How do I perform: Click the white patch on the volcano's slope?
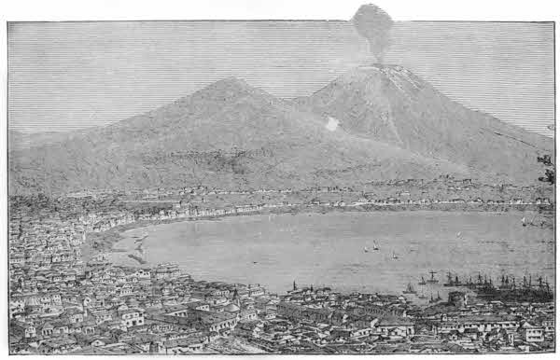pyautogui.click(x=331, y=123)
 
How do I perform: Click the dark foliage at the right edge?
pyautogui.click(x=547, y=168)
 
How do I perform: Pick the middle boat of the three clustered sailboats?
pyautogui.click(x=376, y=246)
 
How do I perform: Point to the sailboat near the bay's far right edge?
pyautogui.click(x=524, y=223)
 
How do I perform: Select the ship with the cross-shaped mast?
pyautogui.click(x=432, y=277)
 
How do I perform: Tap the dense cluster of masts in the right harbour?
pyautogui.click(x=504, y=282)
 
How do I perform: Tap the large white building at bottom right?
pyautogui.click(x=528, y=332)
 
